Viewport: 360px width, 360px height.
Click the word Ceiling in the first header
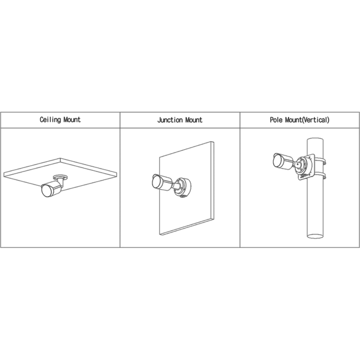coord(50,119)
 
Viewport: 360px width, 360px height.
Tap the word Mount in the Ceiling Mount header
coord(72,119)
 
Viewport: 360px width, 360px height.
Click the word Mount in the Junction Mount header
coord(194,120)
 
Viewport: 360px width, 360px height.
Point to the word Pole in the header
coord(276,119)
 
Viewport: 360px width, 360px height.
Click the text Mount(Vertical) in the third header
coord(307,120)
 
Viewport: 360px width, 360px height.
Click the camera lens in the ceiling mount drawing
coord(46,190)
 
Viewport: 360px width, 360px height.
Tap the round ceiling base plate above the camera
coord(61,177)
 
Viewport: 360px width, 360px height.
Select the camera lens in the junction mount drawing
coord(157,182)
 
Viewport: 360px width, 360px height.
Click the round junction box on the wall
coord(182,187)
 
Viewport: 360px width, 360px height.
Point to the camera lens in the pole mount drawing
coord(277,160)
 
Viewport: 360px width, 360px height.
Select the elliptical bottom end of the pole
coord(315,236)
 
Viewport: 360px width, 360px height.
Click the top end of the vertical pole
coord(315,140)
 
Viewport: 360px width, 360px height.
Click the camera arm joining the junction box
coord(177,185)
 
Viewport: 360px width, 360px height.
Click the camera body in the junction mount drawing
coord(162,182)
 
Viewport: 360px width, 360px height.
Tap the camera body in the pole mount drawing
coord(283,161)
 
